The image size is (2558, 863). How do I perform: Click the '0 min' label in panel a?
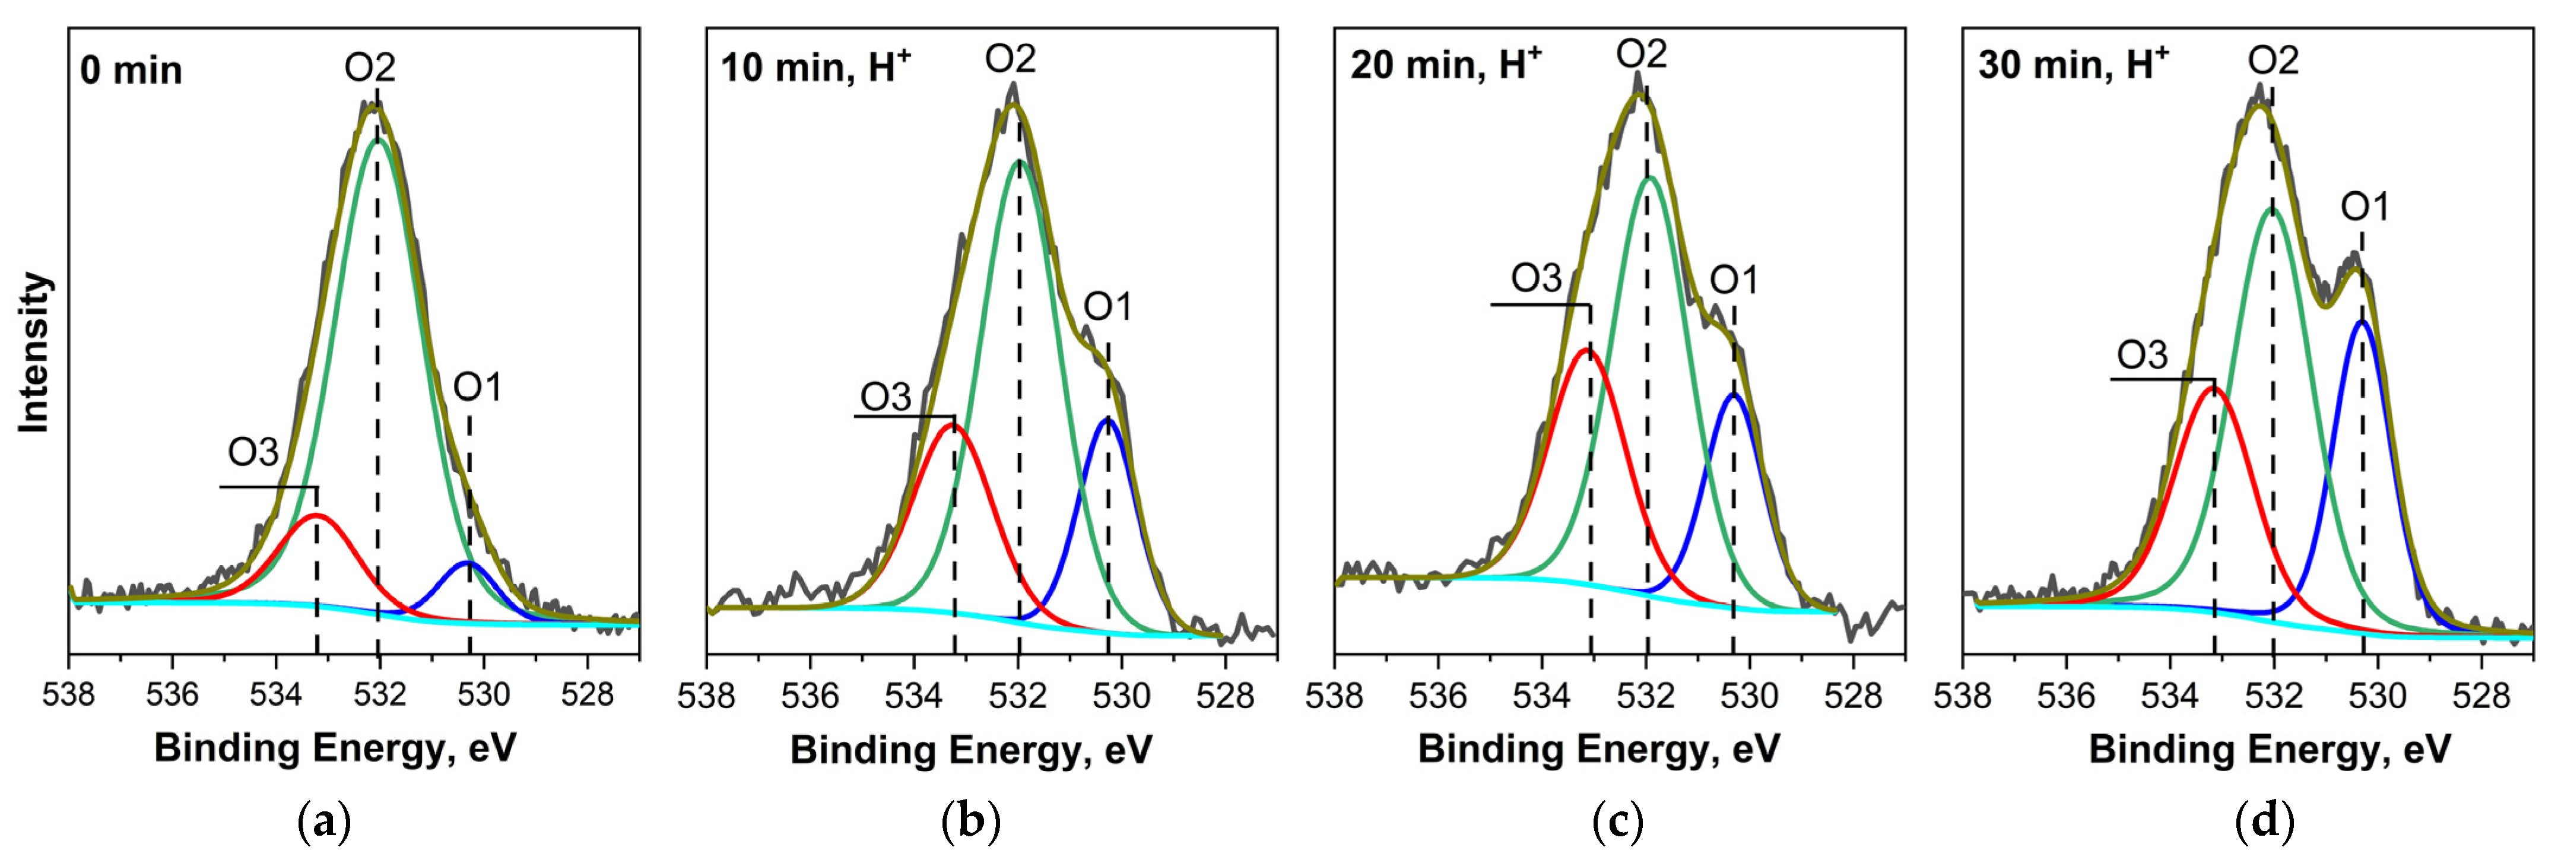[x=131, y=71]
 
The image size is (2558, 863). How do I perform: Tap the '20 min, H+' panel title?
[x=1445, y=65]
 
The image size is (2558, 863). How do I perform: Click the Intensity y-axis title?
[x=35, y=353]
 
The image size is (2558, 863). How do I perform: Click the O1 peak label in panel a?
[x=478, y=388]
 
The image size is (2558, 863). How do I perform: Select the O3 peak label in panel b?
[x=885, y=397]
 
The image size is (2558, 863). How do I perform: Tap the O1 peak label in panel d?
[x=2365, y=207]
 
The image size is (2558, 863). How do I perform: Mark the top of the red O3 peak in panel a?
[x=316, y=515]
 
